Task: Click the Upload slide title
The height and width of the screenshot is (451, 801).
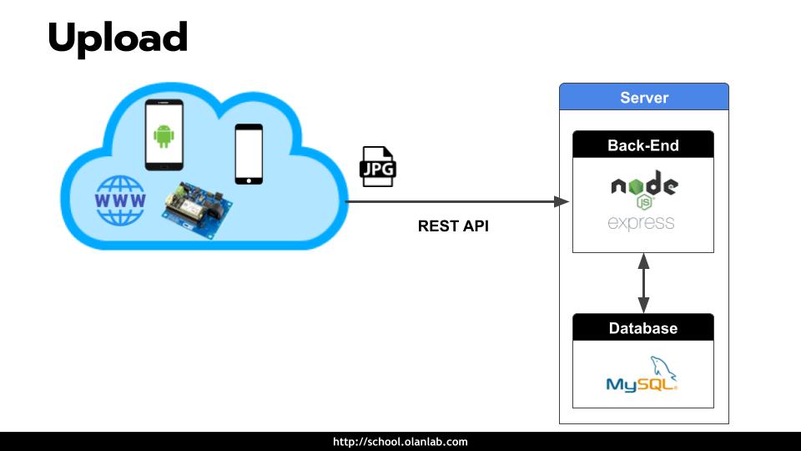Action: (118, 38)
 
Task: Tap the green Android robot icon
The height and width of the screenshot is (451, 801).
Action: (164, 134)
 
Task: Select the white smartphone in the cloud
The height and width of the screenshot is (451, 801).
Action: (249, 154)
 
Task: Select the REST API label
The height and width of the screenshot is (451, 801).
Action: (453, 225)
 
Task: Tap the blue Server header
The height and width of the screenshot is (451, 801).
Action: (643, 98)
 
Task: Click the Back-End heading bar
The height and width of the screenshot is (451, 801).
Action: (643, 145)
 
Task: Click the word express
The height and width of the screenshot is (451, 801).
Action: (641, 223)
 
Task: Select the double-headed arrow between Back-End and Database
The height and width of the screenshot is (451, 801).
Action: (643, 283)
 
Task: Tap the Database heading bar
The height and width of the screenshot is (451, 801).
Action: (643, 328)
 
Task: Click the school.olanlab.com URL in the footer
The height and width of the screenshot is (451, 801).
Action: (400, 442)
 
